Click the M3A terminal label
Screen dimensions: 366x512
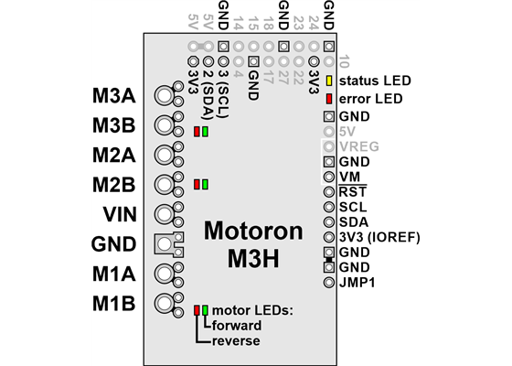[114, 95]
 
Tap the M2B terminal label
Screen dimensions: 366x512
[114, 184]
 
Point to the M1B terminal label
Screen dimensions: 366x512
[114, 303]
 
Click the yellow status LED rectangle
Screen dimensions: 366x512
[328, 81]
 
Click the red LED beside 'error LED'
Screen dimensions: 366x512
[328, 99]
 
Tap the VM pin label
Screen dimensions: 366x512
[348, 176]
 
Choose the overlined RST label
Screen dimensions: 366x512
[352, 191]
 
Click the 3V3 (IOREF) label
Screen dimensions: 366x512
[378, 237]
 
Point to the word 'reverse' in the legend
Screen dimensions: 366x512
[235, 340]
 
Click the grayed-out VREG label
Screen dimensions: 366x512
[357, 145]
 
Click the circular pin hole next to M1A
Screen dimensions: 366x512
[165, 273]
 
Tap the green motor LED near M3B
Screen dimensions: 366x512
[206, 132]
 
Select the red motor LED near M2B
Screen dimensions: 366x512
[197, 185]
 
